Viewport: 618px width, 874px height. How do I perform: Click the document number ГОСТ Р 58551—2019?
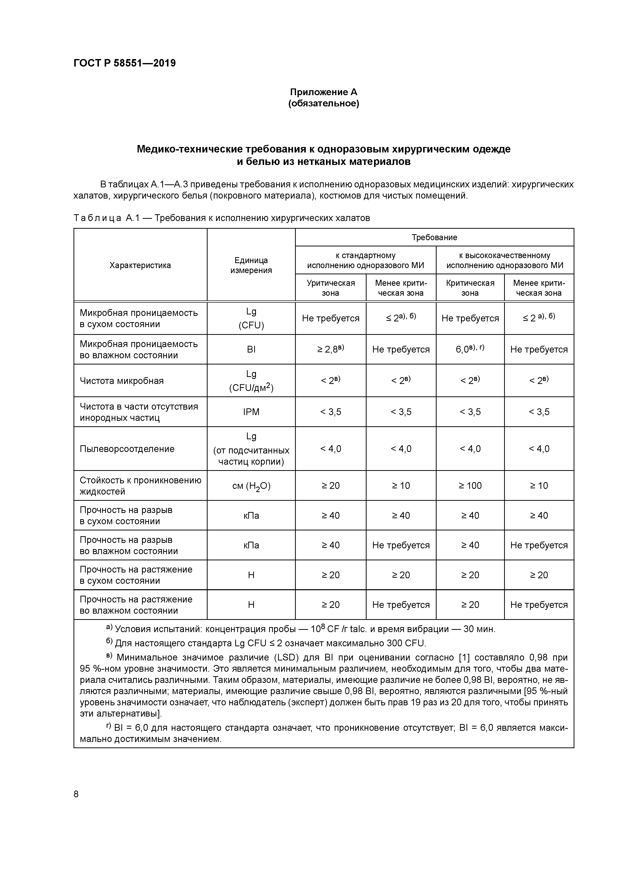[x=125, y=63]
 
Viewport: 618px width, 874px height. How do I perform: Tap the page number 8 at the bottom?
[x=76, y=794]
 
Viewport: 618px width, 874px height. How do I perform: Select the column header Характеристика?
[x=140, y=265]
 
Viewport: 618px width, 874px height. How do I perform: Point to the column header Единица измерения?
[x=251, y=265]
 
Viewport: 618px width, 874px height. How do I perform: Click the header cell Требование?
[x=434, y=237]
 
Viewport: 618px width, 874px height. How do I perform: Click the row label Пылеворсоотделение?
[x=127, y=449]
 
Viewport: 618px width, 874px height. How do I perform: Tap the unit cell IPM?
[x=251, y=412]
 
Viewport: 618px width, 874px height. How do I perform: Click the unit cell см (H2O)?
[x=251, y=486]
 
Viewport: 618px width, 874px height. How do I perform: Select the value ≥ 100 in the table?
[x=470, y=486]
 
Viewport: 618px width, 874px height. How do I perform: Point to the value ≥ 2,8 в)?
[x=330, y=350]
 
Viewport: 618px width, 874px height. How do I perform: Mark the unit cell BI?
[x=251, y=350]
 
